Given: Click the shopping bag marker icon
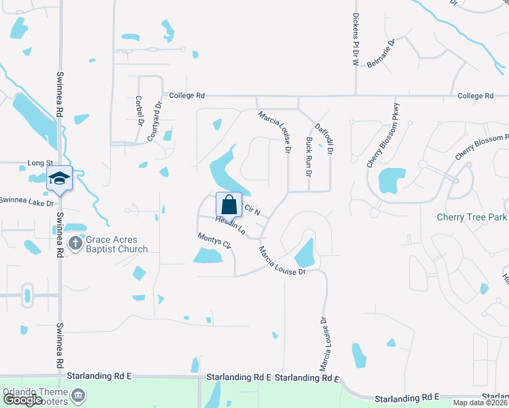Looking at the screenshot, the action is [x=229, y=203].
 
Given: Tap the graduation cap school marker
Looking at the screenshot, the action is [x=59, y=179].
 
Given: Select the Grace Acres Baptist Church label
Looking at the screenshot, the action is [x=117, y=244].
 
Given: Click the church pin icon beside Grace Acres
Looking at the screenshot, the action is [x=76, y=241].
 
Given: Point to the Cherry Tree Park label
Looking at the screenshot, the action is [x=472, y=218].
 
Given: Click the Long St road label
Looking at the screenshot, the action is [x=40, y=163].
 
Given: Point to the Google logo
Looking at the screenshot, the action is [x=22, y=400].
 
